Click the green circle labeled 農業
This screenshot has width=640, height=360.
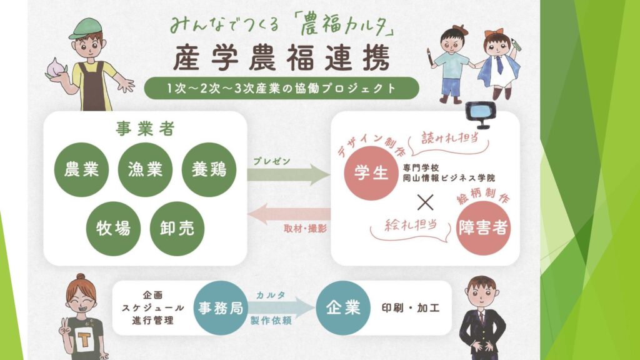point(82,169)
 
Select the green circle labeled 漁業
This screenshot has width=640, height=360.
point(145,169)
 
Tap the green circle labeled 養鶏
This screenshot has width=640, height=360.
point(209,169)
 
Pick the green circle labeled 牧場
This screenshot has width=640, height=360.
point(114,229)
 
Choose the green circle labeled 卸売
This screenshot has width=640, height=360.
point(177,229)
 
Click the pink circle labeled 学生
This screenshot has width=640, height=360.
point(371,172)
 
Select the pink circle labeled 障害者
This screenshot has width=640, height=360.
point(483,227)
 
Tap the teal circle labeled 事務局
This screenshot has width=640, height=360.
point(221,307)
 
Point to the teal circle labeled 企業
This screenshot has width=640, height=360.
point(343,307)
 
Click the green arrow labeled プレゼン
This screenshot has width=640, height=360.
point(289,175)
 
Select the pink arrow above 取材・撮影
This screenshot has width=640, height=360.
point(289,214)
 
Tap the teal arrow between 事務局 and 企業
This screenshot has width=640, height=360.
point(282,307)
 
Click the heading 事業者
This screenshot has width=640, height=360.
point(145,129)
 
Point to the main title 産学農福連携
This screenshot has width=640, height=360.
point(282,58)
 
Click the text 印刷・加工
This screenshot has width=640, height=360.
point(411,307)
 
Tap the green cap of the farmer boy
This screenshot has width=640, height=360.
point(86,29)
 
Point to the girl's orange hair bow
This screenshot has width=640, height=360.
point(494,33)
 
